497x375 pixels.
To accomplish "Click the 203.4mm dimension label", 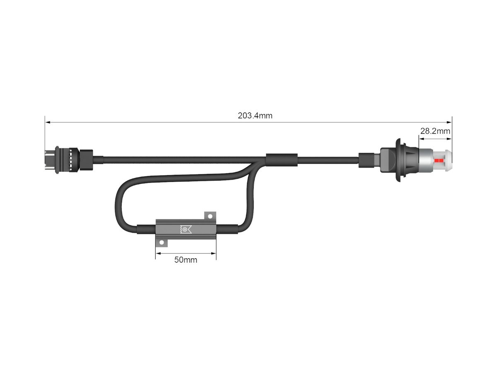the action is (255, 115).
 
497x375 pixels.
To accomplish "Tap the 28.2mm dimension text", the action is (435, 131).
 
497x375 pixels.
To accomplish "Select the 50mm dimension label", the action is (186, 260).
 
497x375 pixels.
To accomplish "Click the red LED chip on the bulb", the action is (439, 161).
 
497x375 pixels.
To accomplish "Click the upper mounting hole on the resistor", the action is (210, 216).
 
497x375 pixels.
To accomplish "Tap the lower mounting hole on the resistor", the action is (162, 243).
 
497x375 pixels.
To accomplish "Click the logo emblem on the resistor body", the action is (186, 229).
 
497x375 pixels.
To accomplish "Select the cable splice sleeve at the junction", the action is (282, 160).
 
